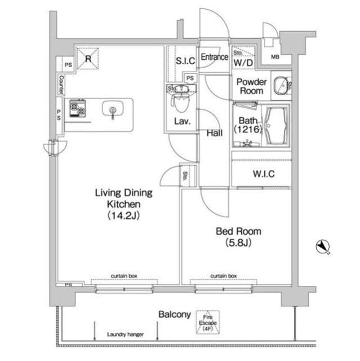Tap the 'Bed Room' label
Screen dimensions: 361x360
click(x=239, y=237)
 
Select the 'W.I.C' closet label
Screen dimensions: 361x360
click(x=264, y=174)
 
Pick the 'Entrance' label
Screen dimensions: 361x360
click(x=214, y=57)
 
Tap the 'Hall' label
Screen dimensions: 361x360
click(x=214, y=133)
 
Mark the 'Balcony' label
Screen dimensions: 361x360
click(x=174, y=315)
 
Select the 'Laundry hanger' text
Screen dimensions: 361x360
click(x=125, y=334)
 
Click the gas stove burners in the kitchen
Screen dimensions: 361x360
click(x=77, y=108)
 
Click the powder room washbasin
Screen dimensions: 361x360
click(x=279, y=86)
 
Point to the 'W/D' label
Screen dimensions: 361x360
click(x=244, y=62)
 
